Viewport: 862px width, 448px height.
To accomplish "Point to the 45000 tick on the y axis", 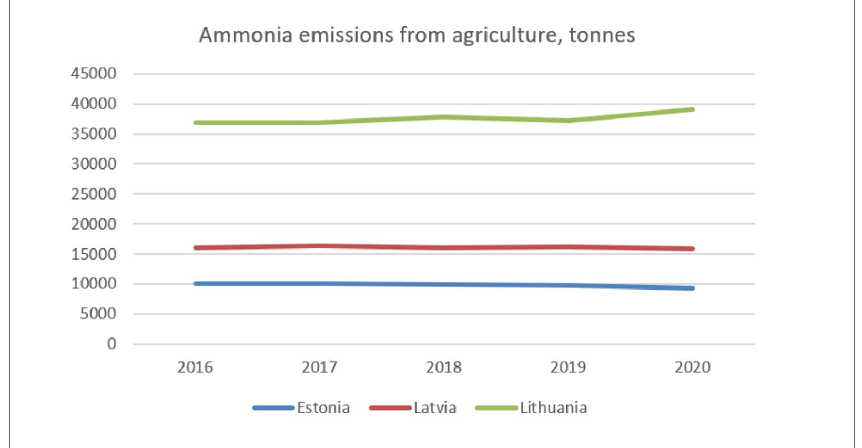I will [x=94, y=74].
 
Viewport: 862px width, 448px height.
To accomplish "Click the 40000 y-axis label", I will [x=94, y=104].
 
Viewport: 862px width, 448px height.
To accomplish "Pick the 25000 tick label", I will [x=94, y=194].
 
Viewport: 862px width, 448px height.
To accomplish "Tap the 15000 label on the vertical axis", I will [x=94, y=254].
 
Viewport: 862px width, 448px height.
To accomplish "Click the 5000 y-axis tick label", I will [x=97, y=314].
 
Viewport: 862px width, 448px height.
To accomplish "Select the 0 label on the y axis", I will [x=111, y=344].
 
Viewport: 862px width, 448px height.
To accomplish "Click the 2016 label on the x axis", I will [x=195, y=367].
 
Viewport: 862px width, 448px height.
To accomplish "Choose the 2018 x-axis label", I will [x=444, y=367].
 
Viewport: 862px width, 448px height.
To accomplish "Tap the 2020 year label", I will [x=693, y=367].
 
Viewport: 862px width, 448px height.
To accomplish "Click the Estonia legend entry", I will [x=322, y=408].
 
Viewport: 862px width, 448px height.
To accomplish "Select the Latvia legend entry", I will [x=434, y=408].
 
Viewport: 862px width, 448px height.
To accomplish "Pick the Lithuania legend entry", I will [x=553, y=408].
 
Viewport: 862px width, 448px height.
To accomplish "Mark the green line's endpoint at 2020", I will [x=692, y=109].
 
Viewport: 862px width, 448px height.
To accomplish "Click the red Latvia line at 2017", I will [x=320, y=246].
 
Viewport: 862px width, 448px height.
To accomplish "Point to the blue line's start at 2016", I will [x=196, y=283].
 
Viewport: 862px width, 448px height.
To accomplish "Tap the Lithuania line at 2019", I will [x=568, y=121].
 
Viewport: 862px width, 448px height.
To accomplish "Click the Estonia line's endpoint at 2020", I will [x=692, y=288].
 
